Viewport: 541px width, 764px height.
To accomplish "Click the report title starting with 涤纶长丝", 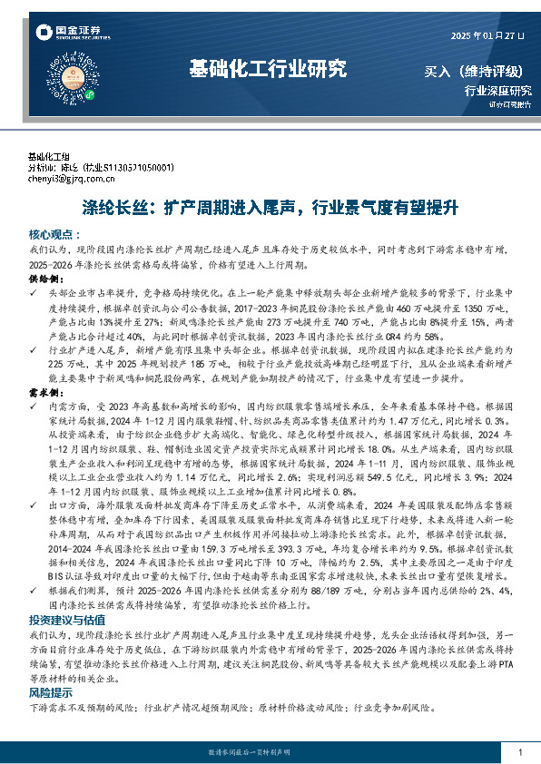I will point(270,206).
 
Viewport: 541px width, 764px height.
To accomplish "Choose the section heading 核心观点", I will point(52,232).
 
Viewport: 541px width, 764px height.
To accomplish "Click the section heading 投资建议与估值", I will point(64,620).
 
